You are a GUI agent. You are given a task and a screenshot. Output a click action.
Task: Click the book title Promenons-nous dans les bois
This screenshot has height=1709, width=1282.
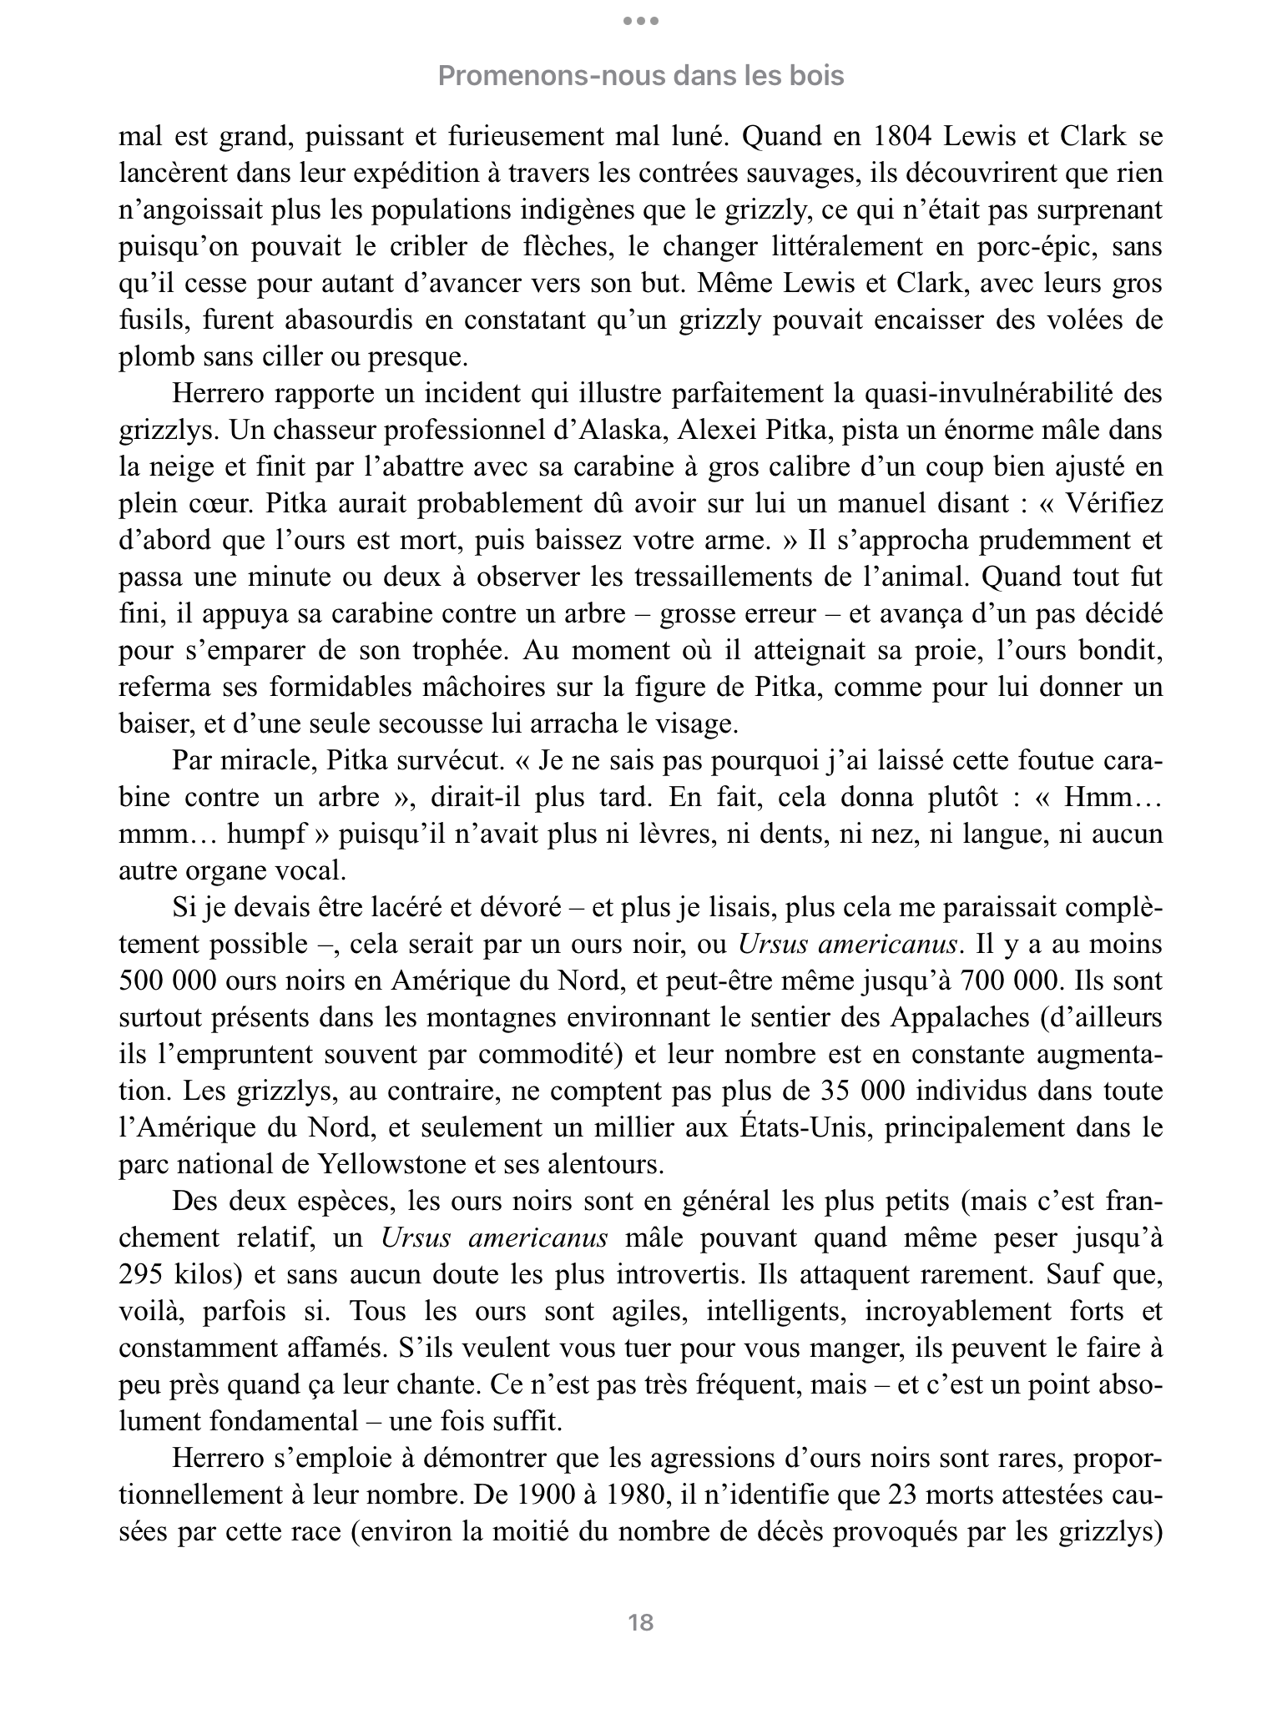click(x=640, y=76)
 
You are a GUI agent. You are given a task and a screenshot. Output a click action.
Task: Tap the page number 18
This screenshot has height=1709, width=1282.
click(x=640, y=1623)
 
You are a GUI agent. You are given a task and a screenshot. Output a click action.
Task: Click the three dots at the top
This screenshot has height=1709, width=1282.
click(x=640, y=21)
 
